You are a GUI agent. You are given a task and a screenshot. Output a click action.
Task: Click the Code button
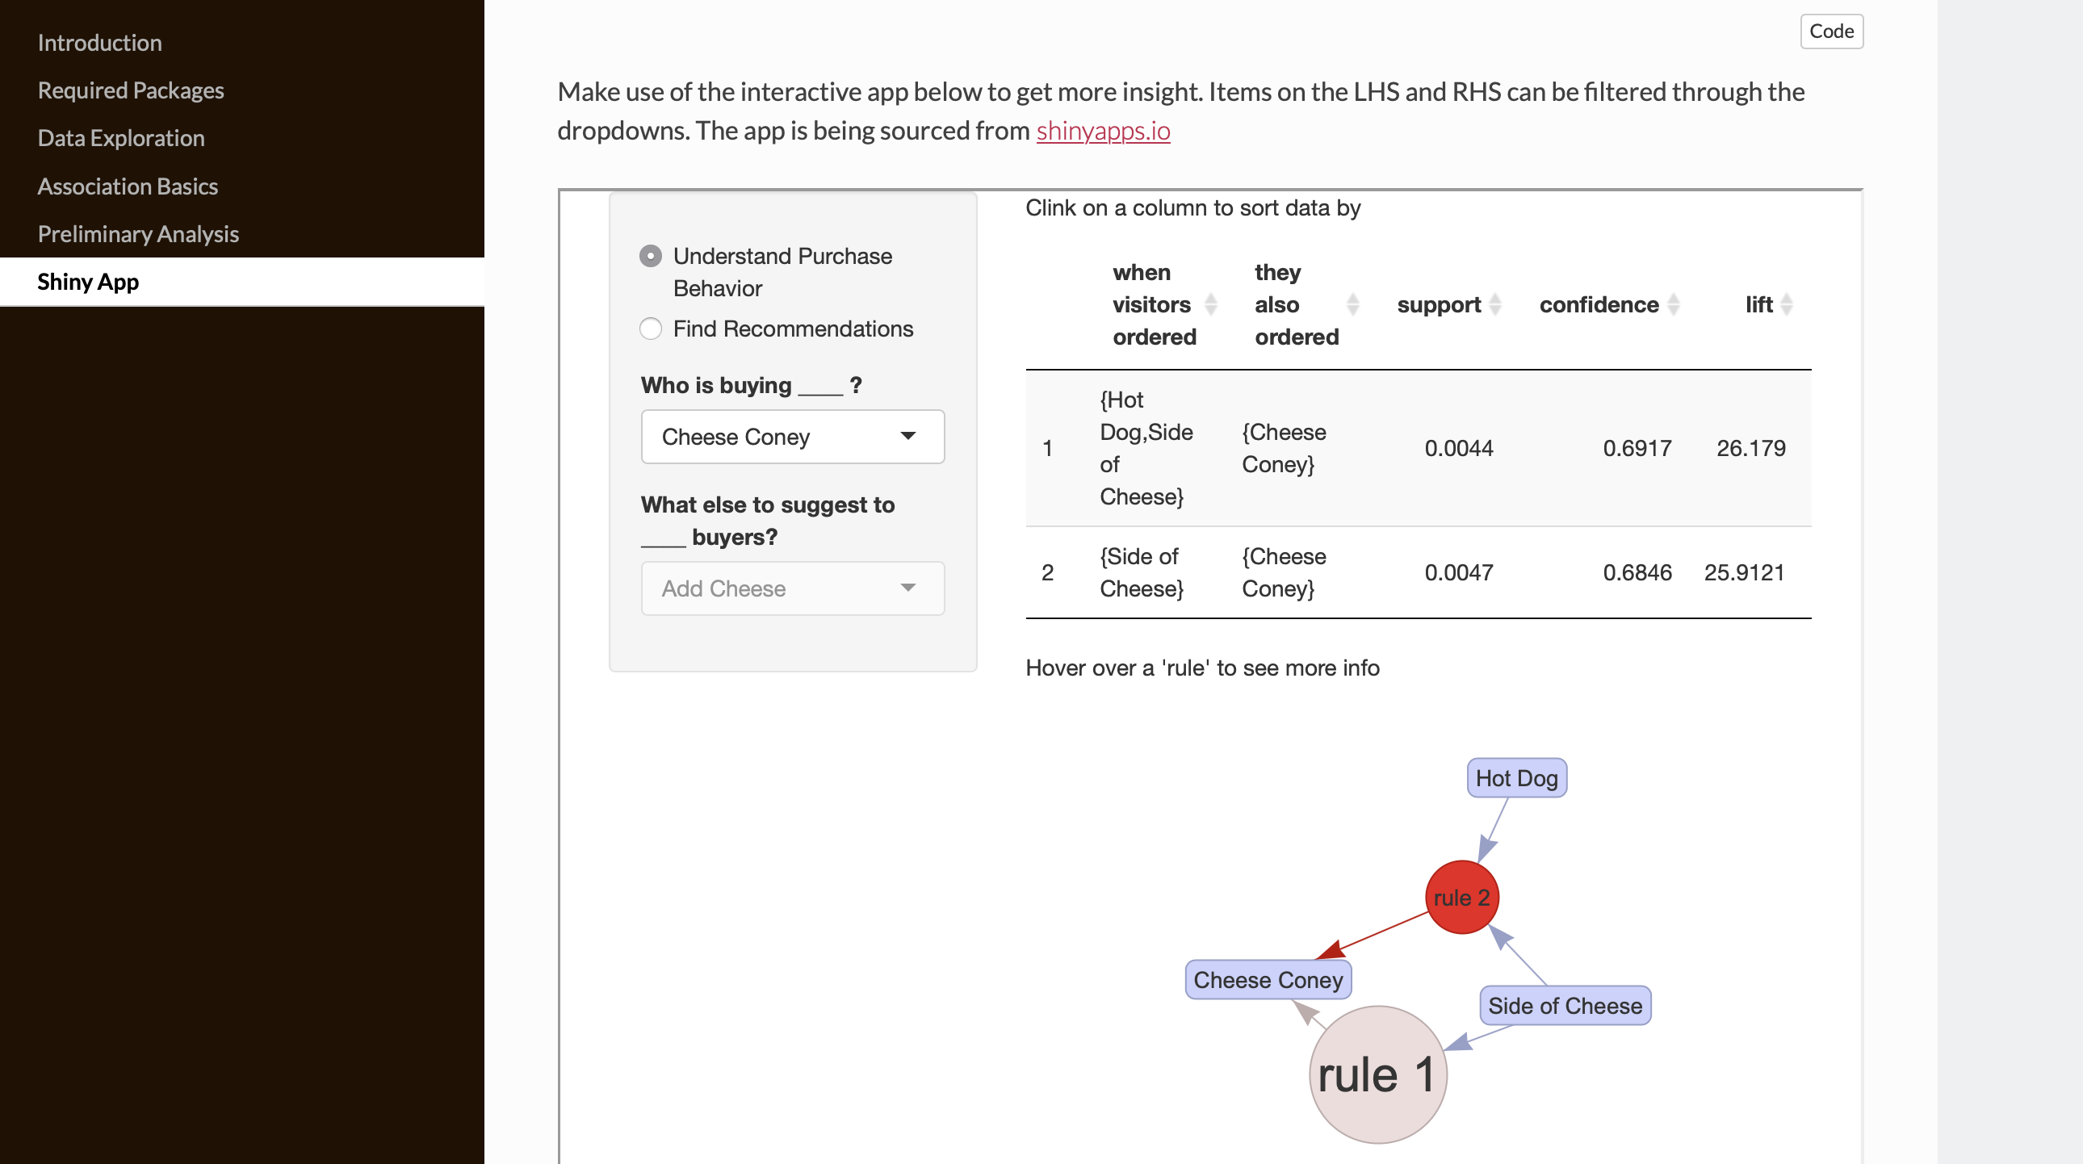pyautogui.click(x=1832, y=31)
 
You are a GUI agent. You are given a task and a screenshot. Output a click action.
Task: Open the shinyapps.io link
pyautogui.click(x=1103, y=130)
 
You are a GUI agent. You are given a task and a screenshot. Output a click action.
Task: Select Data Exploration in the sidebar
pyautogui.click(x=121, y=138)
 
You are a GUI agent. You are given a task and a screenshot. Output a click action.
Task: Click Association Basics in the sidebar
pyautogui.click(x=128, y=186)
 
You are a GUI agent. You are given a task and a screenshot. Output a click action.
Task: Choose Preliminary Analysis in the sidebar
pyautogui.click(x=138, y=234)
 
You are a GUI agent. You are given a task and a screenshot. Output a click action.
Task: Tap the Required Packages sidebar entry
pyautogui.click(x=131, y=90)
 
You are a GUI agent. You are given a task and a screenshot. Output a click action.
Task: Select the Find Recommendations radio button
pyautogui.click(x=651, y=329)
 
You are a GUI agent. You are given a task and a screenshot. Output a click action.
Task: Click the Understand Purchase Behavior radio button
pyautogui.click(x=651, y=256)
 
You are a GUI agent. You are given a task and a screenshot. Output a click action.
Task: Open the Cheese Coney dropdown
pyautogui.click(x=793, y=437)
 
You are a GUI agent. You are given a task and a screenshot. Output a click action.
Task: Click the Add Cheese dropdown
pyautogui.click(x=793, y=588)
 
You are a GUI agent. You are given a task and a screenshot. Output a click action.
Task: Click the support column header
pyautogui.click(x=1440, y=305)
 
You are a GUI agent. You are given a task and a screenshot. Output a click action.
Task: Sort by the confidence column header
pyautogui.click(x=1599, y=305)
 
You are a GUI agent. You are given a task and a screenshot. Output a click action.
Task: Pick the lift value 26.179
pyautogui.click(x=1750, y=448)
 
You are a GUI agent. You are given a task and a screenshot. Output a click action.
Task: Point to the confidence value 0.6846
pyautogui.click(x=1637, y=572)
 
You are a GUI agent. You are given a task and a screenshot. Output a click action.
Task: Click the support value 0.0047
pyautogui.click(x=1459, y=572)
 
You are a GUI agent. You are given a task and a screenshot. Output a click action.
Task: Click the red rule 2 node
pyautogui.click(x=1462, y=898)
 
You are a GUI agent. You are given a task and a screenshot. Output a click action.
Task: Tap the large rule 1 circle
pyautogui.click(x=1378, y=1074)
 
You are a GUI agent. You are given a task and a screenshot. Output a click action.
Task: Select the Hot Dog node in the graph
pyautogui.click(x=1517, y=777)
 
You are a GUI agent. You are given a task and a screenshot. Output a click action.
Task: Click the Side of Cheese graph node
pyautogui.click(x=1565, y=1006)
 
